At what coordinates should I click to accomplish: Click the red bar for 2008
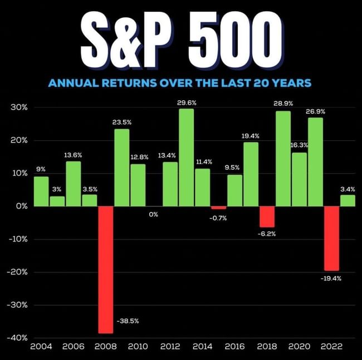pyautogui.click(x=105, y=269)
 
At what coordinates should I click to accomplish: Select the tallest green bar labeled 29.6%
pyautogui.click(x=186, y=157)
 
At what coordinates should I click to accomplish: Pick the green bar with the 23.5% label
pyautogui.click(x=121, y=167)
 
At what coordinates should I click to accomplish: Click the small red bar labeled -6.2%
pyautogui.click(x=267, y=216)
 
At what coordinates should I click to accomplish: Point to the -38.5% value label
pyautogui.click(x=128, y=322)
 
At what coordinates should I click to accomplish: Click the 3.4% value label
pyautogui.click(x=348, y=189)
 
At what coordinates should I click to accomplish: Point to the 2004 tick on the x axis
pyautogui.click(x=41, y=346)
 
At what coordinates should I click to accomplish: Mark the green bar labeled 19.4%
pyautogui.click(x=251, y=174)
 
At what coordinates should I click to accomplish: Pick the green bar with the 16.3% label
pyautogui.click(x=299, y=179)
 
